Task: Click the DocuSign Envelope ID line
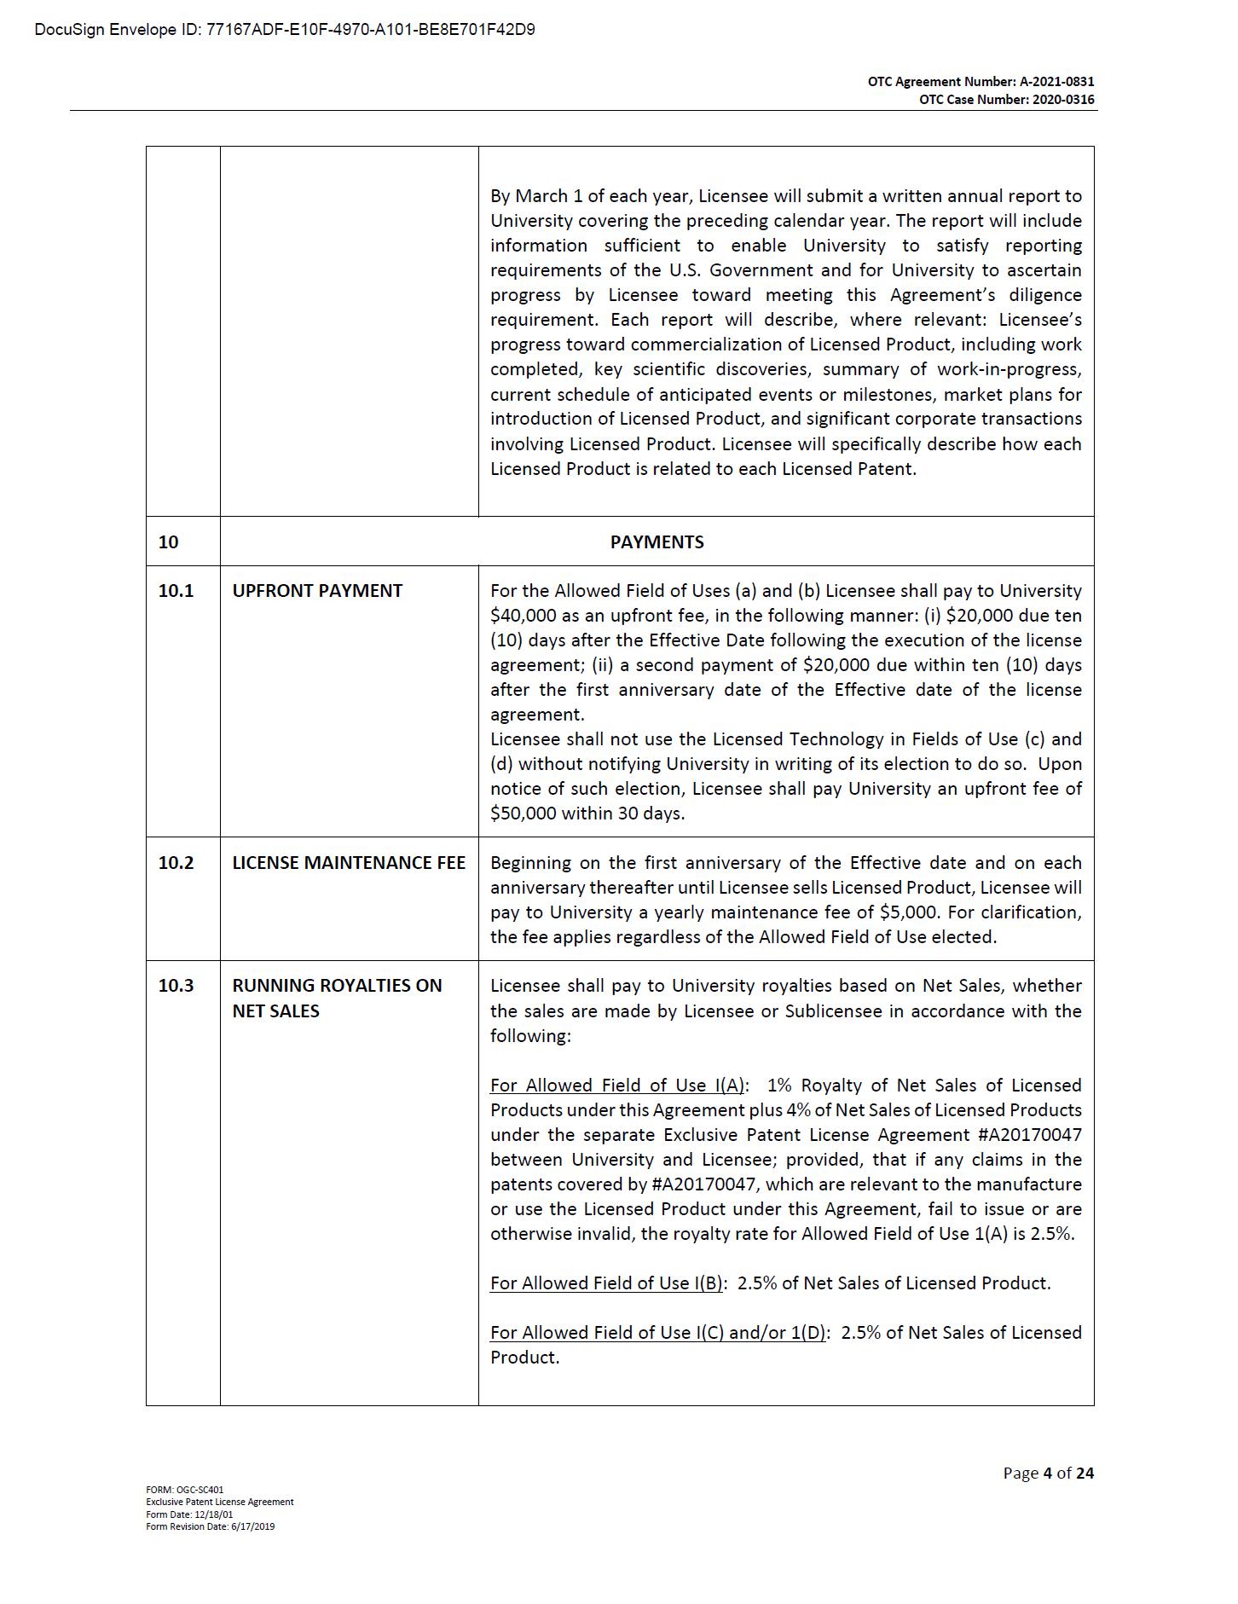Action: click(285, 31)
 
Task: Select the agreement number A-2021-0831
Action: click(1056, 82)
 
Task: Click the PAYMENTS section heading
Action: click(657, 542)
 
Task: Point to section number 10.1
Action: click(176, 591)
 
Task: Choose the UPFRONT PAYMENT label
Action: click(317, 591)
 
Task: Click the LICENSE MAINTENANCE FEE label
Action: click(349, 863)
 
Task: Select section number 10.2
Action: click(176, 863)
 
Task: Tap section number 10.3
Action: click(176, 986)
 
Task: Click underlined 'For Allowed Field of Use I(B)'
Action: click(606, 1283)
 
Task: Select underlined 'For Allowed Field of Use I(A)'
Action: click(617, 1086)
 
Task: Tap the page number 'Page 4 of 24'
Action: click(1048, 1473)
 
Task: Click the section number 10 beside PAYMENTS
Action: click(169, 542)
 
